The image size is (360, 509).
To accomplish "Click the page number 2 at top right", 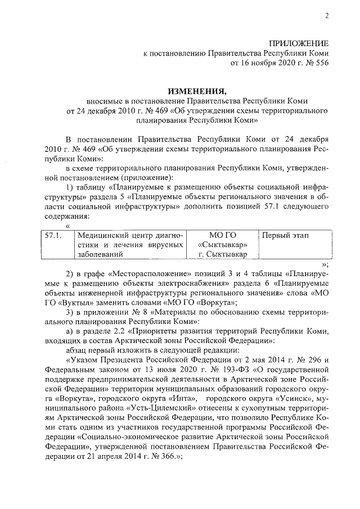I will (x=326, y=16).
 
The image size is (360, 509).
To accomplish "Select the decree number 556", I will (x=319, y=63).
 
